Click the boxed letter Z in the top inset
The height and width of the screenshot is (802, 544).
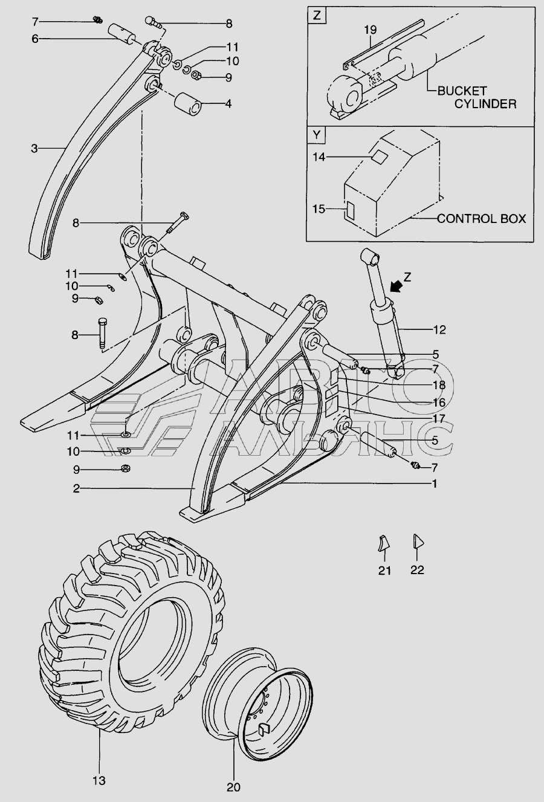(x=317, y=17)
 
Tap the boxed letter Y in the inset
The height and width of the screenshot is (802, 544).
(x=317, y=135)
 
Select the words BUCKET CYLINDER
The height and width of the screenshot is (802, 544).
(x=477, y=97)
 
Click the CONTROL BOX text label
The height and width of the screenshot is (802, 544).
(x=482, y=218)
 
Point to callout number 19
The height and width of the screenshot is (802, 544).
(x=371, y=30)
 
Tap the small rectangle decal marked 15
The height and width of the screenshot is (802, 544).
(x=349, y=210)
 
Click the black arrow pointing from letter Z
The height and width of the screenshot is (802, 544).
(x=396, y=286)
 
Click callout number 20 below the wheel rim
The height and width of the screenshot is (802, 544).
(x=233, y=787)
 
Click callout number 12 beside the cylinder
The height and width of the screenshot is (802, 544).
(x=439, y=329)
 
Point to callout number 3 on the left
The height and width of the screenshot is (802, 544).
(x=34, y=148)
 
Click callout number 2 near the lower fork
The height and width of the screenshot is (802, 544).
(x=76, y=488)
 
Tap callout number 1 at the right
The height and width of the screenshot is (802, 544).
(x=435, y=484)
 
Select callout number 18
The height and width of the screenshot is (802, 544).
(x=439, y=385)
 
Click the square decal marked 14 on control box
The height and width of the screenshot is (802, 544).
(x=378, y=156)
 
